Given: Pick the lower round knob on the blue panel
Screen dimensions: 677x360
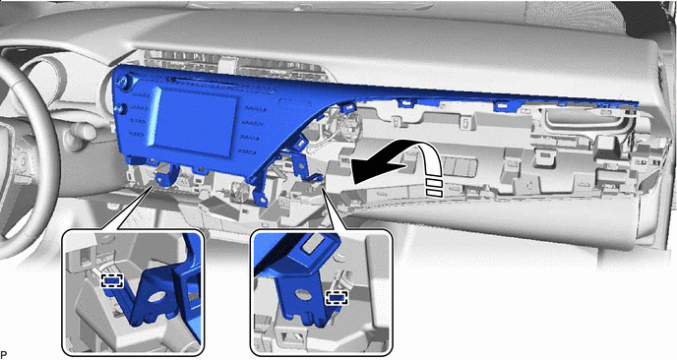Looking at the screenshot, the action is (122, 109).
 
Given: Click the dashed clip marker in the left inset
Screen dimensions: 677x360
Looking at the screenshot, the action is (112, 281).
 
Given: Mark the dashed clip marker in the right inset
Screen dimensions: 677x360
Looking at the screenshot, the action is (337, 297).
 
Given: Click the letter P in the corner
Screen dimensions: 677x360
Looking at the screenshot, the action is (4, 355).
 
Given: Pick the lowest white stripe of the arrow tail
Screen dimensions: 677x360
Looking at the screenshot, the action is (434, 194).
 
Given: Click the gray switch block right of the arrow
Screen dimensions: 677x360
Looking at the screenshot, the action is (462, 166).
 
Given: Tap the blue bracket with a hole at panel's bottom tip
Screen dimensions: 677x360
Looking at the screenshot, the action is (259, 194).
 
